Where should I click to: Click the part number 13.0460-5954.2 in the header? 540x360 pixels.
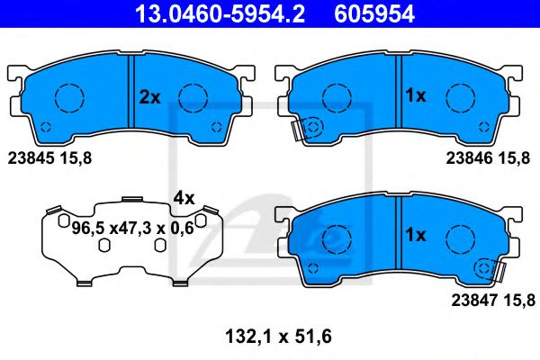[x=220, y=13]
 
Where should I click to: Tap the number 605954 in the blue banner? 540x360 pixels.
[x=374, y=13]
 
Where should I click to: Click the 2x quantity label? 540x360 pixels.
[x=149, y=97]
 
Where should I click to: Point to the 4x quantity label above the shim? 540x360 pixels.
[x=184, y=198]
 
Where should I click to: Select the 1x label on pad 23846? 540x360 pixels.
[x=416, y=95]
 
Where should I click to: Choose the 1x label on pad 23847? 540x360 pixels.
[x=416, y=235]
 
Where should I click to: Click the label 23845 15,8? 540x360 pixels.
[x=49, y=158]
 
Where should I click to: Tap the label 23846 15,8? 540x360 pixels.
[x=488, y=158]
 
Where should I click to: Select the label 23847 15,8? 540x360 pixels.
[x=493, y=301]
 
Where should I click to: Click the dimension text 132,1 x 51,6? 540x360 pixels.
[x=278, y=337]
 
